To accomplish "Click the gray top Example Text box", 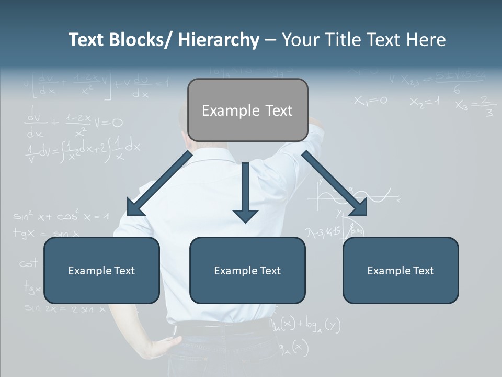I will pos(247,110).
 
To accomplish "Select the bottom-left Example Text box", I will pos(101,270).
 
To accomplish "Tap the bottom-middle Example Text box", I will pos(247,270).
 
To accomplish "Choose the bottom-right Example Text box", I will pos(401,270).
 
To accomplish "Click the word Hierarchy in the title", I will pos(219,40).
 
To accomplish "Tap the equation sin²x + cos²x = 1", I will pos(61,215).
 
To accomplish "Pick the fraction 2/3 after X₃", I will pos(487,106).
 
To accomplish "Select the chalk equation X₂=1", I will pos(425,102).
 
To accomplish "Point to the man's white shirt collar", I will pos(209,152).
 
